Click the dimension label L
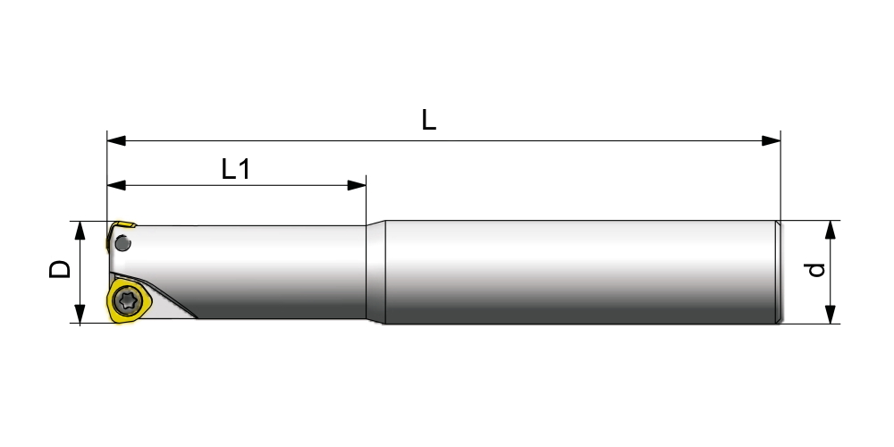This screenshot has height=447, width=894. (x=429, y=120)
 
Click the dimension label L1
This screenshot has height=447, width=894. (x=235, y=169)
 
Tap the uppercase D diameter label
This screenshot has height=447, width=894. (x=60, y=269)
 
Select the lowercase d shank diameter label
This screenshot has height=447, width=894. (x=816, y=270)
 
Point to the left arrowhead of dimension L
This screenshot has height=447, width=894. (x=115, y=141)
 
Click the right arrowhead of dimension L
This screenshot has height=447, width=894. (x=771, y=141)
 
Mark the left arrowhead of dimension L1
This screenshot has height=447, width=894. (x=115, y=185)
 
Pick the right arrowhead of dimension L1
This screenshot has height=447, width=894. (x=357, y=185)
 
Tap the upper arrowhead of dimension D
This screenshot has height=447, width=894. (x=80, y=231)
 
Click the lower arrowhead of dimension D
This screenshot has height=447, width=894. (x=80, y=314)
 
